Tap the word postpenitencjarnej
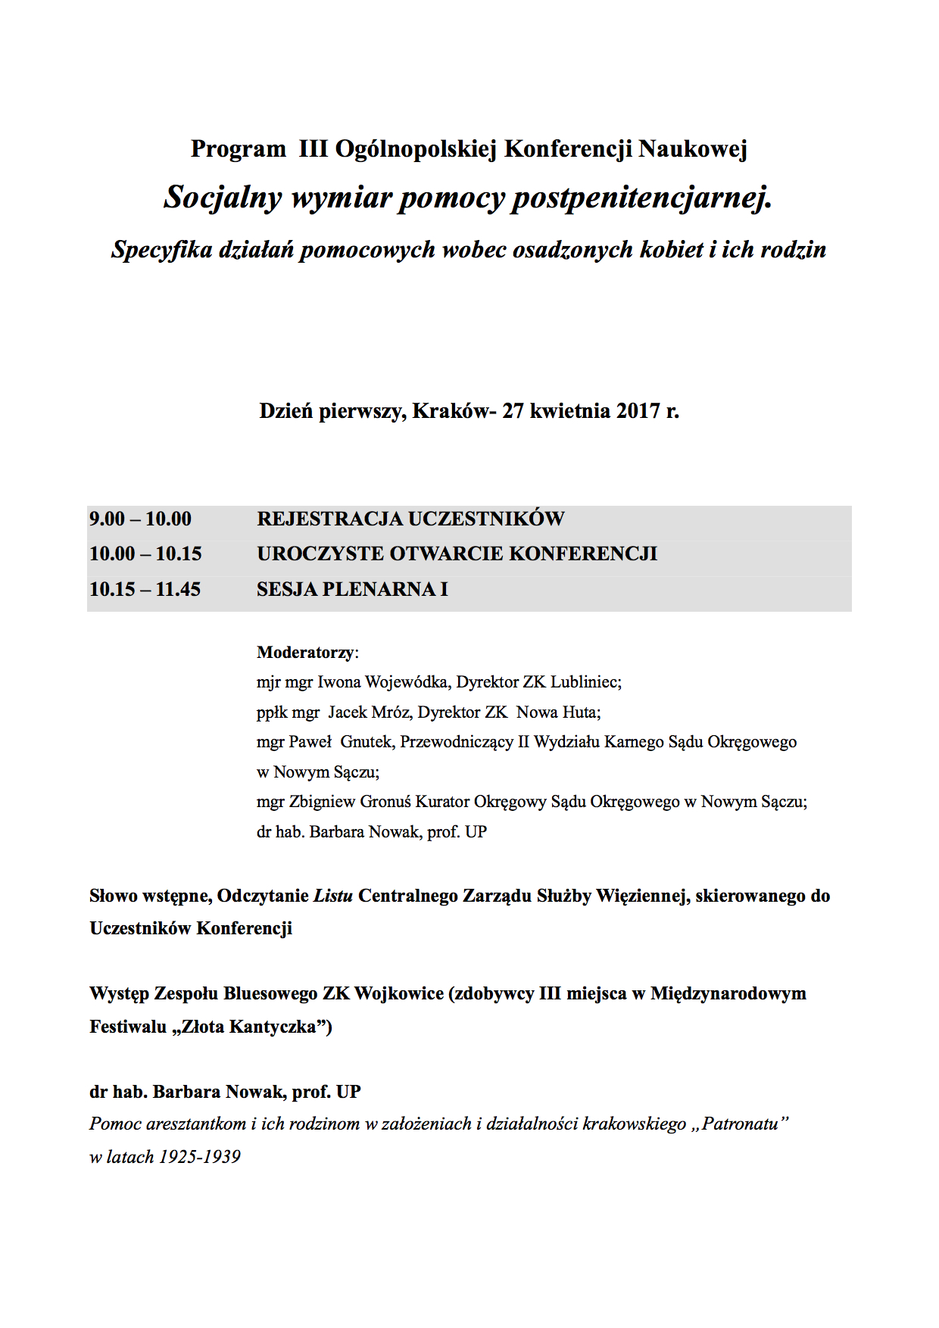point(642,198)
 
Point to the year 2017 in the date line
point(638,411)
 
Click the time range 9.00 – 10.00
point(140,519)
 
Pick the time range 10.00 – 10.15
point(145,553)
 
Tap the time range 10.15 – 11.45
point(145,589)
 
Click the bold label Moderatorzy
point(306,653)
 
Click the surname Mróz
point(391,712)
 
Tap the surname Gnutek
point(367,742)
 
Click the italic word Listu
point(333,896)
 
